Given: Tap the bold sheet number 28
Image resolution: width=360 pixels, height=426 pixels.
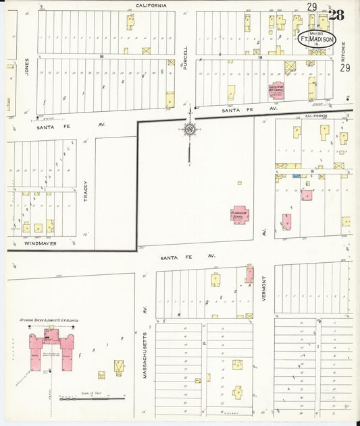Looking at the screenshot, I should [336, 15].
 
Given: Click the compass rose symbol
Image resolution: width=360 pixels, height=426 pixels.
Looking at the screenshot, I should [190, 129].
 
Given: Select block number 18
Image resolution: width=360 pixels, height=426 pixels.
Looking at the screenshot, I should [101, 57].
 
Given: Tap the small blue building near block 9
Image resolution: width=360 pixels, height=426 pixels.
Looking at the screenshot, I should [297, 175].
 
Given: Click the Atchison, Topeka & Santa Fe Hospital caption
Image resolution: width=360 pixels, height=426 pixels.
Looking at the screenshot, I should [51, 319].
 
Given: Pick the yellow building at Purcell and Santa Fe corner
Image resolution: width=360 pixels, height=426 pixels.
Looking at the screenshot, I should [170, 100].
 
